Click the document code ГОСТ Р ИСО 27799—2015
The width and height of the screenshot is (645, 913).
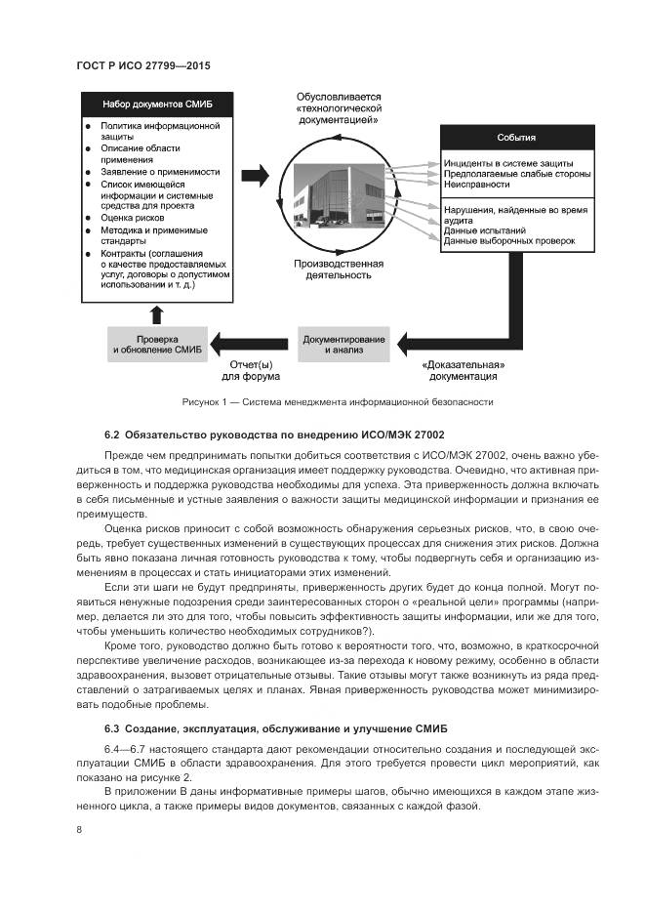coord(143,64)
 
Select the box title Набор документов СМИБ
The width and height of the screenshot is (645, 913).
coord(157,104)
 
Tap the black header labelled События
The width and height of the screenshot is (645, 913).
coord(516,138)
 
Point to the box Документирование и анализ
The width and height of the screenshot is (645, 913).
coord(344,344)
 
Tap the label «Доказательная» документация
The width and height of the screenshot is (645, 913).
coord(463,370)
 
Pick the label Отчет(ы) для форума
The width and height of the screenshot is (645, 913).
coord(251,370)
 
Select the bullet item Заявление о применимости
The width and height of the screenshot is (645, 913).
coord(146,171)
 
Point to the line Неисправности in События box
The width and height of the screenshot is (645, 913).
coord(476,184)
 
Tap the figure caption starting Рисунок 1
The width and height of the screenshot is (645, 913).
coord(338,402)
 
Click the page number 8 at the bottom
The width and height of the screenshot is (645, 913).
coord(79,830)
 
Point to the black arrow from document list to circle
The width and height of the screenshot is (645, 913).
coord(254,176)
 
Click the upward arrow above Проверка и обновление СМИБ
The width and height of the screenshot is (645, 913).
coord(156,312)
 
